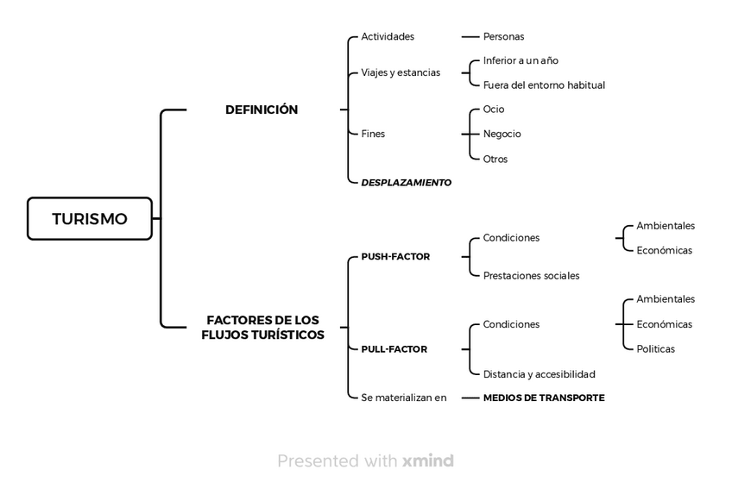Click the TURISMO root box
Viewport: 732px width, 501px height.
point(90,219)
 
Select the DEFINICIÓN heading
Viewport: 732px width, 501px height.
point(262,110)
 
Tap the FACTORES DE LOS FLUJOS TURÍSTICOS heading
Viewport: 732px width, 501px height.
point(262,327)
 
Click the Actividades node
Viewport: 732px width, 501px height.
point(388,36)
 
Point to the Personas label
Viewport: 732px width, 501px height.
point(504,36)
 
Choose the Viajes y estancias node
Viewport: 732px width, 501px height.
point(401,72)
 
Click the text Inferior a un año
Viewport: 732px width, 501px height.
point(521,60)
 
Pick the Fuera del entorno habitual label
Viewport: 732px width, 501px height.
point(544,85)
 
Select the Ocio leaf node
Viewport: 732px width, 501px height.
point(494,110)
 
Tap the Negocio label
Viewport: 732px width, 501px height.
point(502,134)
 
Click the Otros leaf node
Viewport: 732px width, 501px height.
point(495,159)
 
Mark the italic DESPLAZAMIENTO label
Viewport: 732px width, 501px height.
point(407,183)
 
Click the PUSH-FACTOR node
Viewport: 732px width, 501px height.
point(395,257)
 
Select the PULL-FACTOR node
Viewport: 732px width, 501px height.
point(394,349)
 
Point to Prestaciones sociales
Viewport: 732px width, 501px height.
point(531,276)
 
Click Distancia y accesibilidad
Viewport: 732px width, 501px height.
point(540,374)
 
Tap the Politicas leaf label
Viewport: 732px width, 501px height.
point(655,349)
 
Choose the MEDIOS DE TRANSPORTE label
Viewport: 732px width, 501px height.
point(544,398)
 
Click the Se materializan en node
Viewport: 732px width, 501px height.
point(404,398)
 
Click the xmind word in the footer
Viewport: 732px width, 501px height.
point(428,460)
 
